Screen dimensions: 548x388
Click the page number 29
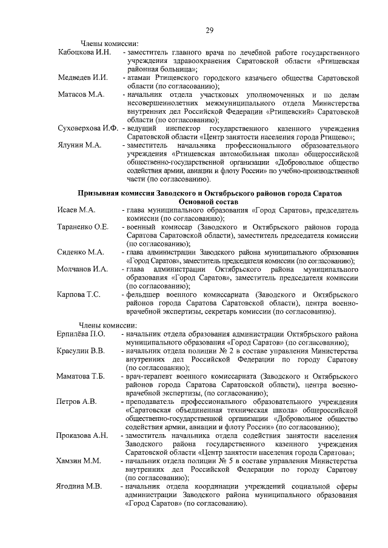(x=209, y=30)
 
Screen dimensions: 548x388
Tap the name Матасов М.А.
(x=81, y=95)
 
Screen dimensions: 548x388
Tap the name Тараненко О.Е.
(x=83, y=226)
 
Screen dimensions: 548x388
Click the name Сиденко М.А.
(x=81, y=251)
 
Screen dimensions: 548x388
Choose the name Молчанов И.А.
(x=82, y=268)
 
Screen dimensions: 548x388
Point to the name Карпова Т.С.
(x=79, y=294)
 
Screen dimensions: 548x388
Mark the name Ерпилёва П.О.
(x=81, y=334)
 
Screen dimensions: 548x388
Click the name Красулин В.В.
(x=81, y=351)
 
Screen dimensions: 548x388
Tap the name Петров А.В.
(x=76, y=401)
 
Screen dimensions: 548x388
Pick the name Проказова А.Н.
(x=82, y=435)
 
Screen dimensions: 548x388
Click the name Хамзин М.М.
(x=79, y=461)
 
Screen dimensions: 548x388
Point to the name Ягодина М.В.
(x=79, y=486)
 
